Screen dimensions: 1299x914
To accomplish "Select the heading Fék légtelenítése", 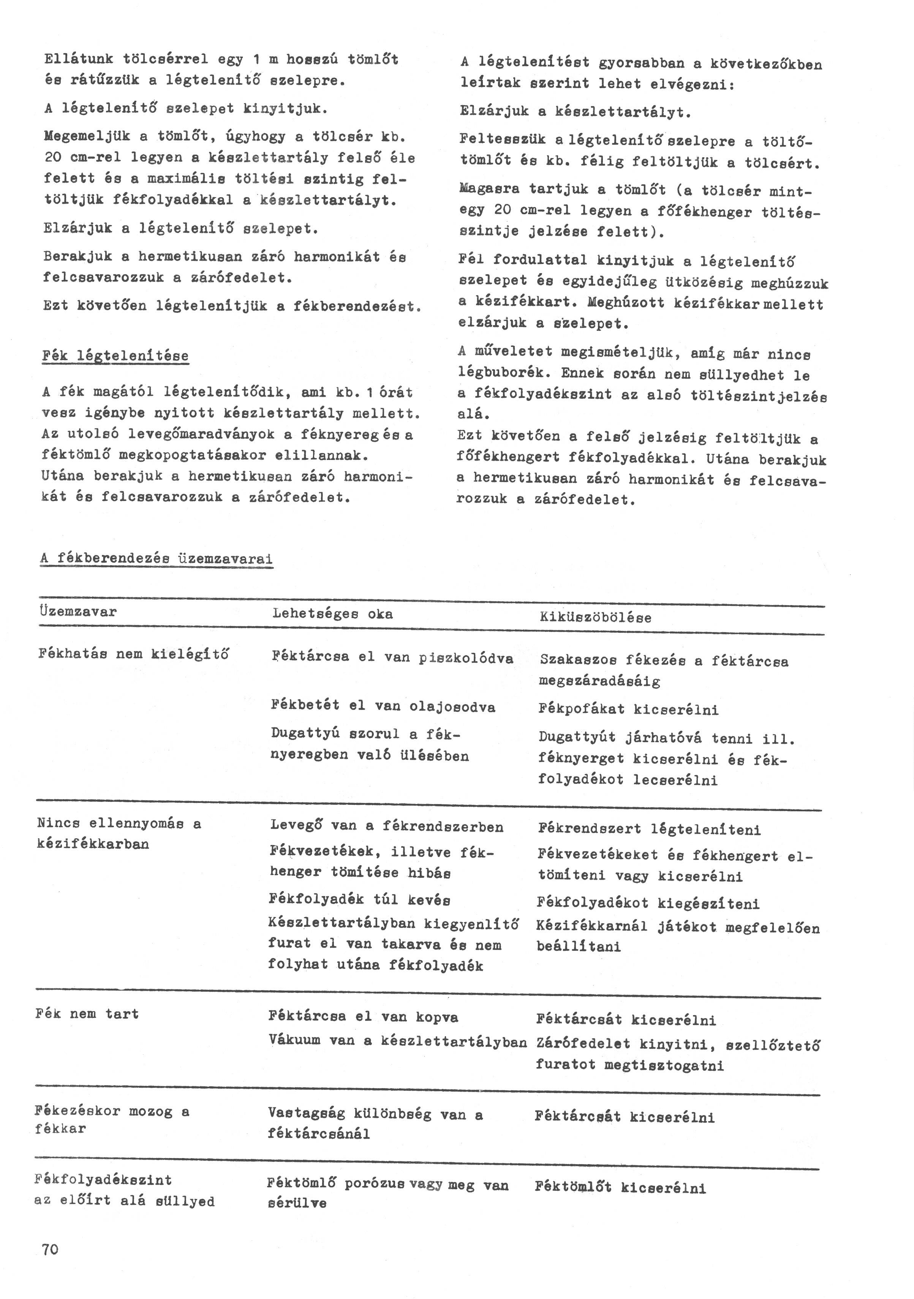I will click(x=115, y=356).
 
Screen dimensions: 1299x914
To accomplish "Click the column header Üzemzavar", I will click(x=78, y=612).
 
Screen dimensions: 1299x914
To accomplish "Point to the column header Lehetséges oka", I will click(x=332, y=614).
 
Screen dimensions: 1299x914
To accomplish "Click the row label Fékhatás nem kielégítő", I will click(x=134, y=654).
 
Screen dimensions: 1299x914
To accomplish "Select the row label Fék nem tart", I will click(x=87, y=1013).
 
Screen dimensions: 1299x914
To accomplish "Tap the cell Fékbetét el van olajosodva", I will click(x=383, y=706).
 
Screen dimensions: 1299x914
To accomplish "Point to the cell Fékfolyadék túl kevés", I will click(x=360, y=899).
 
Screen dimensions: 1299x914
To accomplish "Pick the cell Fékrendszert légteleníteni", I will click(x=649, y=830).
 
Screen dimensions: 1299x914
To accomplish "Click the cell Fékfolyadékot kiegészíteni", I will click(x=648, y=903).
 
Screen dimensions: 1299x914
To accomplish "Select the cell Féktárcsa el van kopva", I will click(x=363, y=1017).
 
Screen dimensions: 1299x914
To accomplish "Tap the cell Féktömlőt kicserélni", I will click(x=620, y=1188).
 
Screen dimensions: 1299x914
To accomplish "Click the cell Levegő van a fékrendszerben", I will click(x=387, y=826).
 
